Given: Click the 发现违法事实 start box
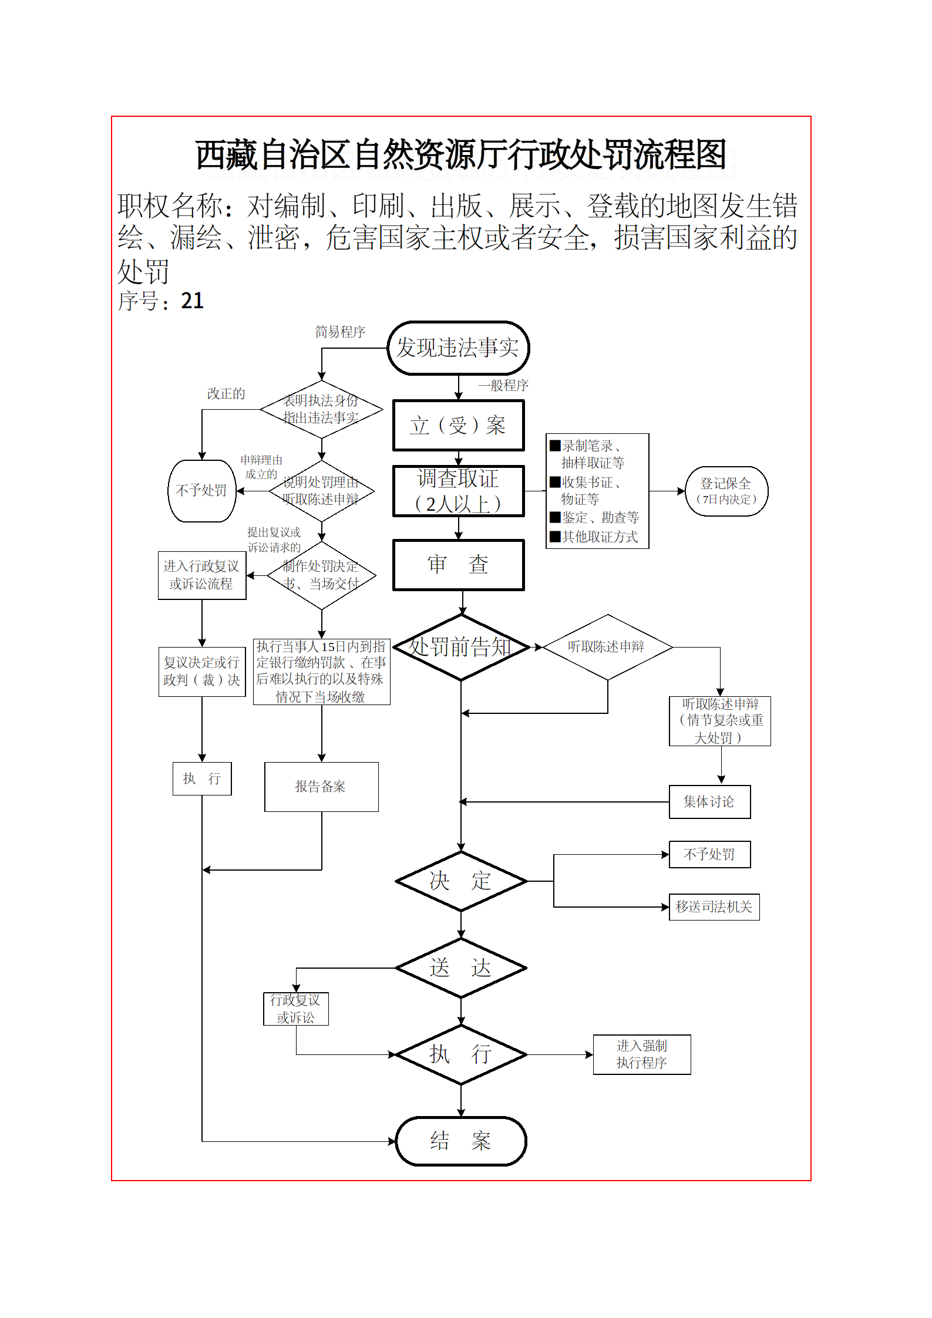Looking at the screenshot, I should point(458,348).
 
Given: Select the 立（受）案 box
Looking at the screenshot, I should point(458,426).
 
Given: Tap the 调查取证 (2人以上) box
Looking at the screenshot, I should point(458,491).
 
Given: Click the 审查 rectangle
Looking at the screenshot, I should point(458,565).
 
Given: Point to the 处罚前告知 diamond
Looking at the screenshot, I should point(461,648).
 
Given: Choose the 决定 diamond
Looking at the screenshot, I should point(461,881).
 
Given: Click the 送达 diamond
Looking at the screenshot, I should point(461,968).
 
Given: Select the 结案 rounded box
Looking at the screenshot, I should point(461,1141).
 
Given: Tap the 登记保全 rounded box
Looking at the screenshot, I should point(726,491).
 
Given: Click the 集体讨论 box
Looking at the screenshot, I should point(709,801).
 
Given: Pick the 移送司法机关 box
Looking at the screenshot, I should point(714,906).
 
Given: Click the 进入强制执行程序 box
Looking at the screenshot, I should point(642,1054).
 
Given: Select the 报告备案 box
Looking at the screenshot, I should point(321,787).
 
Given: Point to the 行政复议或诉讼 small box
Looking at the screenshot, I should point(295,1009).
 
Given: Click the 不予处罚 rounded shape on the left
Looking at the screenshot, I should point(201,491).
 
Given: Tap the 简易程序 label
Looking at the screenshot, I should point(340,332).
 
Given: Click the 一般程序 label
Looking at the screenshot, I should point(503,386).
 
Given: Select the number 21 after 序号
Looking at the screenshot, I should point(192,301).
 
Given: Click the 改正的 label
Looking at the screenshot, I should point(226,393).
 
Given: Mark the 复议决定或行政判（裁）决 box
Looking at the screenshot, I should point(201,671).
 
